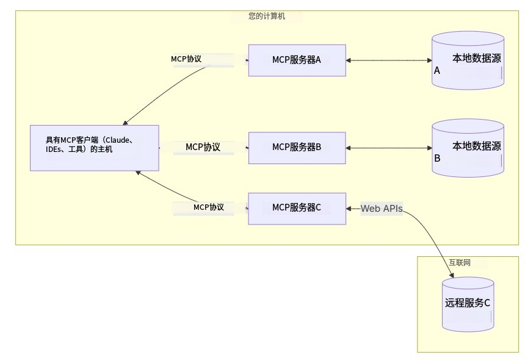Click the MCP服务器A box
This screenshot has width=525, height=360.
coord(297,60)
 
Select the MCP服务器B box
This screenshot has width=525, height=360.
coord(297,147)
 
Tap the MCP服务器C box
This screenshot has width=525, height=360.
coord(297,207)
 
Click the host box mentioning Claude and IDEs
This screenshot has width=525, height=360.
coord(94,148)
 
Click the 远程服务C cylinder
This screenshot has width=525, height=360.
coord(468,301)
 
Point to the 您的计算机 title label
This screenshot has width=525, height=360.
coord(267,16)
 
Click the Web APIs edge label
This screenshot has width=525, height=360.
coord(382,209)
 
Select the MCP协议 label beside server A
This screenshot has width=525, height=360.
coord(186,59)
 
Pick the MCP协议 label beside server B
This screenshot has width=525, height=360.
coord(203,147)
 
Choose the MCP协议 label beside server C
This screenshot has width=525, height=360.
coord(209,207)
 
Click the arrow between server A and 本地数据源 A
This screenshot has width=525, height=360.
coord(389,60)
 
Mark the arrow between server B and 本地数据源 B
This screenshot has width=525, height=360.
coord(389,148)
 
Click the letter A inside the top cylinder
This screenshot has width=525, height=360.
coord(436,71)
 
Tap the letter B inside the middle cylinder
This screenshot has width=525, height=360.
coord(436,158)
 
